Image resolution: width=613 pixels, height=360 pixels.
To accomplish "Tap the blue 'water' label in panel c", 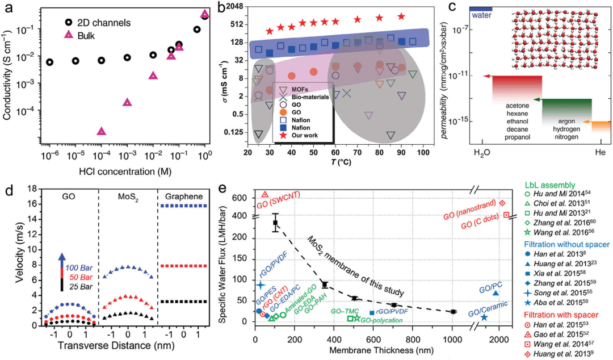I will [x=480, y=8].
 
